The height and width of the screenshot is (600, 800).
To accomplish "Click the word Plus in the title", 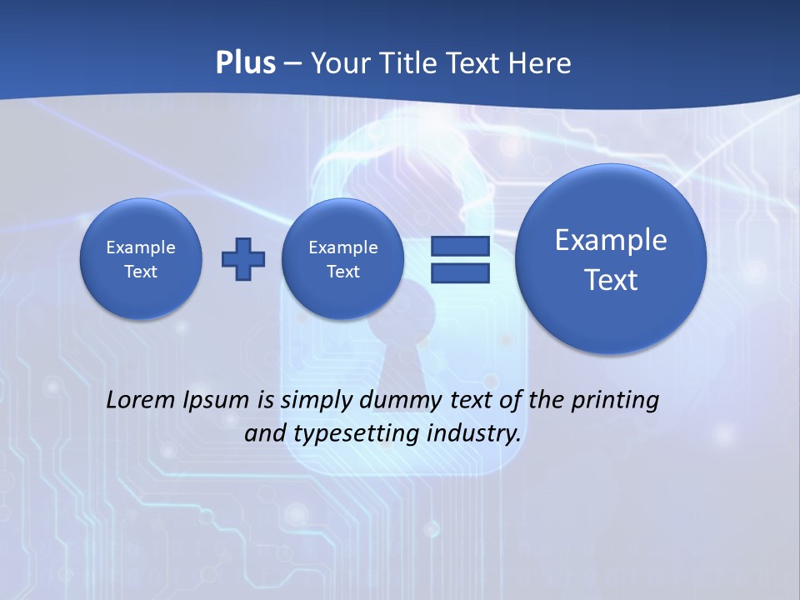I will (x=245, y=63).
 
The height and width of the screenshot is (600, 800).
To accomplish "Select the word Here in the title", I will (x=541, y=63).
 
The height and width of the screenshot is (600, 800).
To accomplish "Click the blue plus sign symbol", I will (x=243, y=259).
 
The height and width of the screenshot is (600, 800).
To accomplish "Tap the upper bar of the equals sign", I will (x=460, y=247).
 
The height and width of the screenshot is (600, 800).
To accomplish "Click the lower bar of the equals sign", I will (x=460, y=272).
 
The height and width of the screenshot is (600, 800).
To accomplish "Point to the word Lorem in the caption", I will (x=142, y=400).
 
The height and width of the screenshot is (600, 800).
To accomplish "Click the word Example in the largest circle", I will (x=611, y=240).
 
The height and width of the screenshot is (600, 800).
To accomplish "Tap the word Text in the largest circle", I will (x=611, y=280).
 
